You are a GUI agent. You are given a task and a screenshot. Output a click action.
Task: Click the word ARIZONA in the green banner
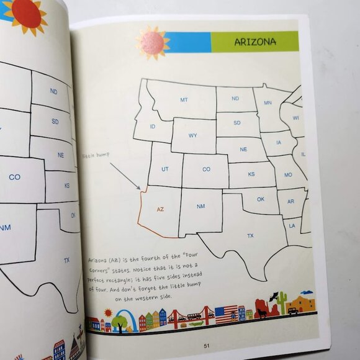pyautogui.click(x=255, y=42)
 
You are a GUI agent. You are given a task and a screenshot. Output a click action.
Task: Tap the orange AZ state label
pyautogui.click(x=160, y=210)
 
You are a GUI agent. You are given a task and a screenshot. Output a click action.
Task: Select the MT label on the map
pyautogui.click(x=184, y=99)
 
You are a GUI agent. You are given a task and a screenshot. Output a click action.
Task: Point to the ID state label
pyautogui.click(x=153, y=126)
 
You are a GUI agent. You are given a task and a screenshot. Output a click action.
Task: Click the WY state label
pyautogui.click(x=193, y=135)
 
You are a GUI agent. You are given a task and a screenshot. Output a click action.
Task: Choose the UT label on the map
pyautogui.click(x=165, y=169)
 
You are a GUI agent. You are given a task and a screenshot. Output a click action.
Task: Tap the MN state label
pyautogui.click(x=268, y=103)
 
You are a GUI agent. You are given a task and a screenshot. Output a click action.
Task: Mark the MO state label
pyautogui.click(x=287, y=175)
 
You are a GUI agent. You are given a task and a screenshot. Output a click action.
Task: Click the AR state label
pyautogui.click(x=290, y=201)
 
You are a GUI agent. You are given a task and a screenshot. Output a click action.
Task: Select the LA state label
pyautogui.click(x=292, y=226)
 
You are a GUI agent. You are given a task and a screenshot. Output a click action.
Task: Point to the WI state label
pyautogui.click(x=296, y=118)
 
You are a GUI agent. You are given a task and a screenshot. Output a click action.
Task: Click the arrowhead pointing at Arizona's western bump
pyautogui.click(x=140, y=189)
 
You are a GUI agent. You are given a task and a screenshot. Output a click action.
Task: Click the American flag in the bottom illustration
pyautogui.click(x=226, y=312)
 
